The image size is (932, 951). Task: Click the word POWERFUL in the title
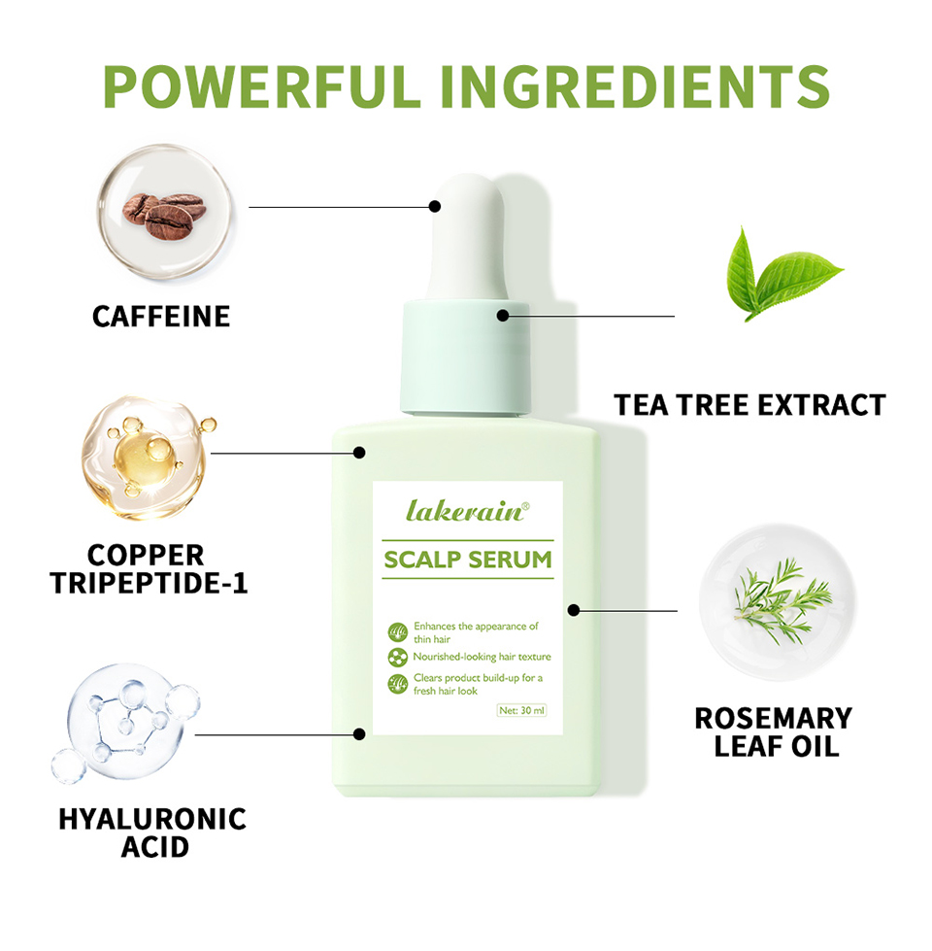(x=262, y=86)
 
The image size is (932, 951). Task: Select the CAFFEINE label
(x=161, y=317)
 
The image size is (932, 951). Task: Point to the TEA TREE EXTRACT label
(x=750, y=405)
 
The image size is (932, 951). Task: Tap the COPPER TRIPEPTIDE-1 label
(x=149, y=569)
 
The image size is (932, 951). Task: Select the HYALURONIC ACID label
(x=152, y=832)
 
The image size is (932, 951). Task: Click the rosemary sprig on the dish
(x=782, y=600)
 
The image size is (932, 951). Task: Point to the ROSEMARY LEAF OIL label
(x=774, y=732)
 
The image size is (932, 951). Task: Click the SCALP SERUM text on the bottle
(x=468, y=560)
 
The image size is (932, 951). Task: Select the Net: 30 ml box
(x=521, y=710)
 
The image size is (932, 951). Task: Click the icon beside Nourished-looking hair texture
(x=397, y=658)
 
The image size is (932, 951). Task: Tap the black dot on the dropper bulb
(x=435, y=206)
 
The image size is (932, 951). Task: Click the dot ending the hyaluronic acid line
(x=359, y=734)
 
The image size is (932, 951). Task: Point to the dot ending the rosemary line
(x=574, y=610)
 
